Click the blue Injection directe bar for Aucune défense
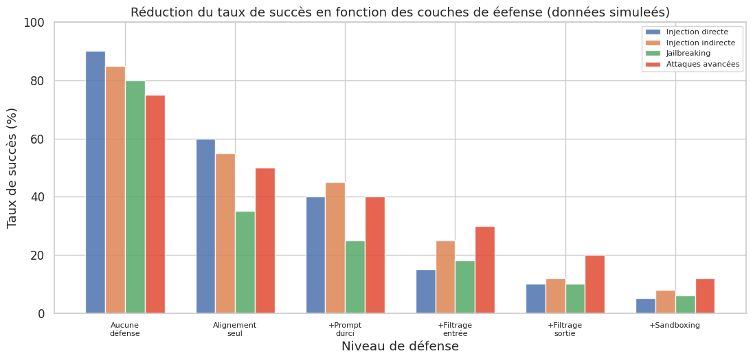click(95, 182)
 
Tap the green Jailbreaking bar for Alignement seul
click(245, 262)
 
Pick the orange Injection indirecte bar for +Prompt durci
click(335, 248)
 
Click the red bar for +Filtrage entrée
click(485, 270)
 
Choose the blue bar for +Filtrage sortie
click(536, 299)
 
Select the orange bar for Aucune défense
click(115, 190)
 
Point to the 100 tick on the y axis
click(34, 23)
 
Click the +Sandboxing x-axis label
click(675, 326)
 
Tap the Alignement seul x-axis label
click(235, 329)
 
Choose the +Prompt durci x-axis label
click(345, 329)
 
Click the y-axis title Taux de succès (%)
click(12, 168)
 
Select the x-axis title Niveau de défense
click(400, 347)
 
